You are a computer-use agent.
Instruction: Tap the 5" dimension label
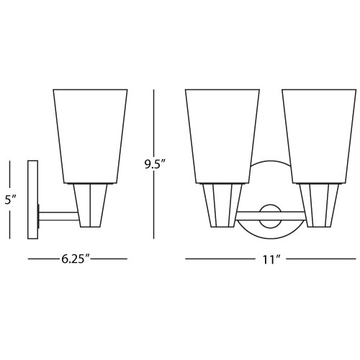click(11, 200)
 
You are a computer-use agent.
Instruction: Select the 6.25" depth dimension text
click(75, 259)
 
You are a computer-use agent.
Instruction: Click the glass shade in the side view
click(90, 136)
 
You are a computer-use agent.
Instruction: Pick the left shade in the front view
click(222, 136)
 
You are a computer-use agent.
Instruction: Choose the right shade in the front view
click(319, 136)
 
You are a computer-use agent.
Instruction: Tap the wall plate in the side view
click(33, 199)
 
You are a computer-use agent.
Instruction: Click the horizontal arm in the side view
click(58, 216)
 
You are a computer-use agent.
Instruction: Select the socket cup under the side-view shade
click(90, 205)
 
